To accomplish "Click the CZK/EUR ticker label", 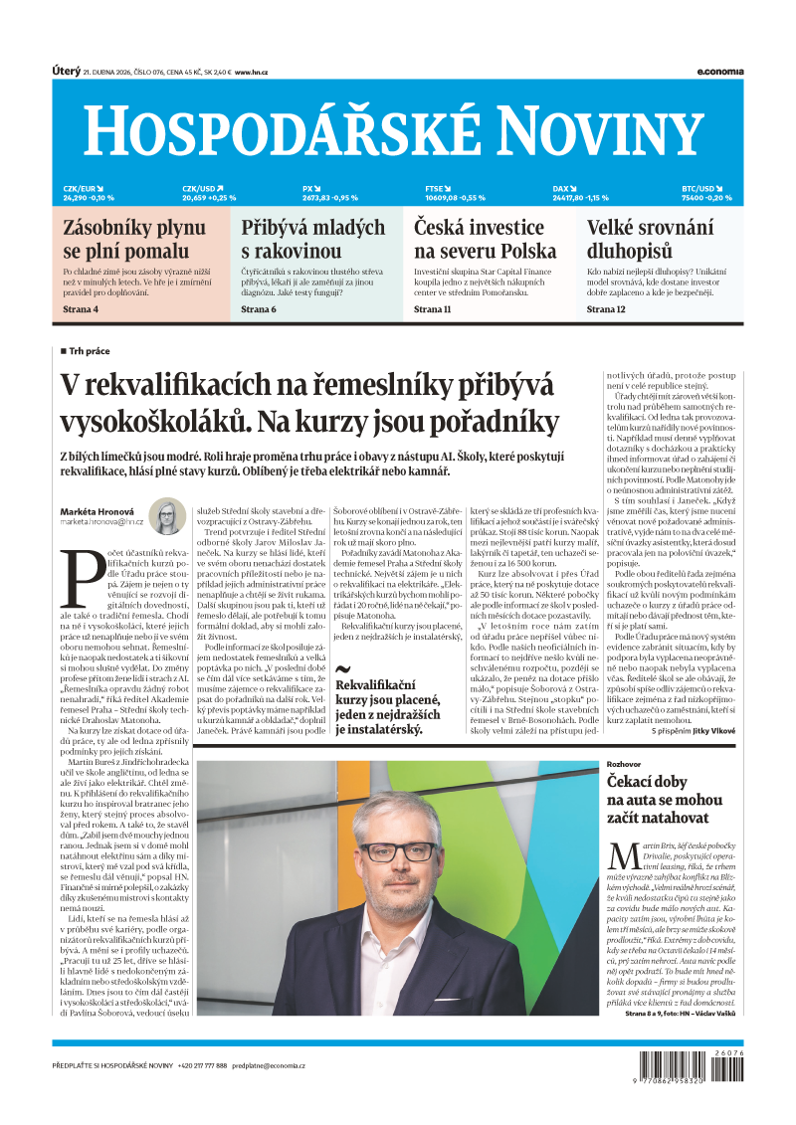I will pyautogui.click(x=80, y=188).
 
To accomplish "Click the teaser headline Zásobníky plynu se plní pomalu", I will pyautogui.click(x=126, y=240).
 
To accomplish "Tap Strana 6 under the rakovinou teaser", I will pyautogui.click(x=259, y=309).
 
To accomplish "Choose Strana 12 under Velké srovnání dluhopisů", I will pyautogui.click(x=606, y=309).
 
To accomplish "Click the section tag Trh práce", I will pyautogui.click(x=90, y=351).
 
